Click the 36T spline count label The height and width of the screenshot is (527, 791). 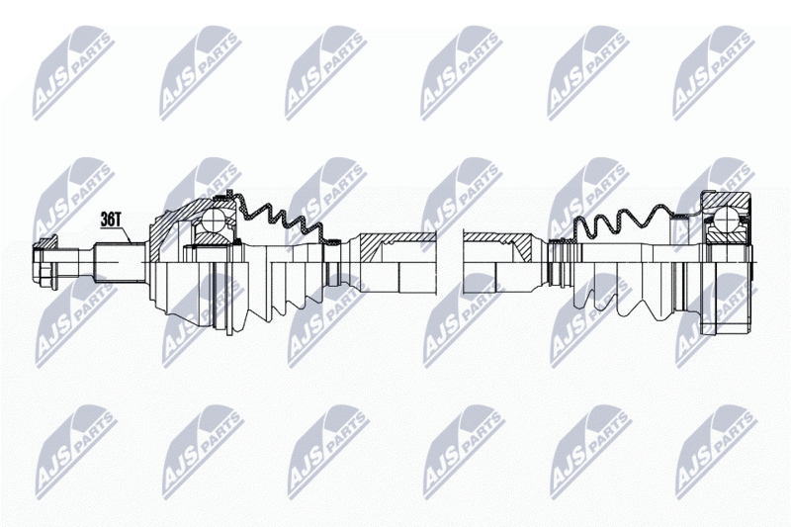(x=111, y=219)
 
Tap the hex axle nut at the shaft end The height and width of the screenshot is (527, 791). (x=44, y=262)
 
